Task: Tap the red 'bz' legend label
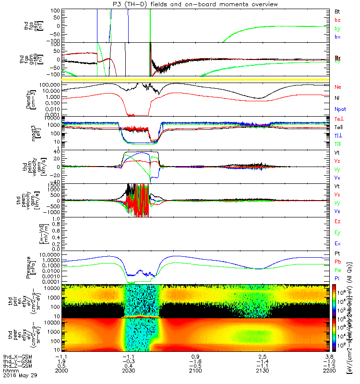(337, 20)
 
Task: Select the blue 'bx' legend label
(337, 37)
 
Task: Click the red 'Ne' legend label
(338, 87)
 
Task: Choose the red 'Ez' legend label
(337, 222)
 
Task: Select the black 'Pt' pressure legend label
(337, 254)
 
